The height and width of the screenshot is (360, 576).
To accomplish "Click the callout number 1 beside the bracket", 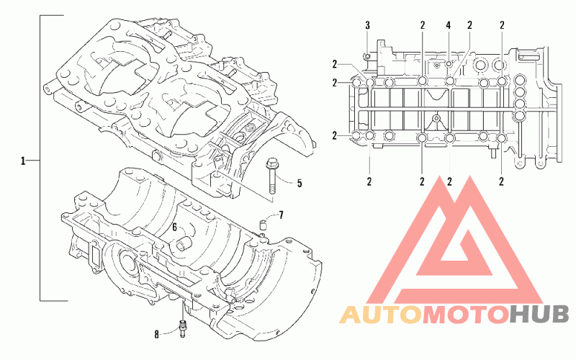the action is coord(23,161).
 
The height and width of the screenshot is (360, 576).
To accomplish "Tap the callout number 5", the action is coord(300,183).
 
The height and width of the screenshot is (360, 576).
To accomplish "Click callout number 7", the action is coord(281,215).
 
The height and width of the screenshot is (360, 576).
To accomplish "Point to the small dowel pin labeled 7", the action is coord(264,224).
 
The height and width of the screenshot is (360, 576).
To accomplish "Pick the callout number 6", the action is coord(174,228).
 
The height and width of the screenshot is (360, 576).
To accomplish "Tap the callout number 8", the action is coord(157,335).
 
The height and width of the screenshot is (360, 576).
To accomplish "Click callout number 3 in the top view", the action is coord(367,25).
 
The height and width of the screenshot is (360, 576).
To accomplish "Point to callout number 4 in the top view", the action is coord(448,25).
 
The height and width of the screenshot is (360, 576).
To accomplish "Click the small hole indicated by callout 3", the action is coord(367,56).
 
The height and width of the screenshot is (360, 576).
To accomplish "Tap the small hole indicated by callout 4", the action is coord(449,64).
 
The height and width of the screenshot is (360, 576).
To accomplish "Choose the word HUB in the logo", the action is coord(539,315).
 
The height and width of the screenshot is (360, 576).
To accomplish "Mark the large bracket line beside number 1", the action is coord(40,158).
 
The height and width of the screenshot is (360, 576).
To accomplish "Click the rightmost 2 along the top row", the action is coord(502,25).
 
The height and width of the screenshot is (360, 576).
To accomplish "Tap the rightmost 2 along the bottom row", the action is coord(501,181).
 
